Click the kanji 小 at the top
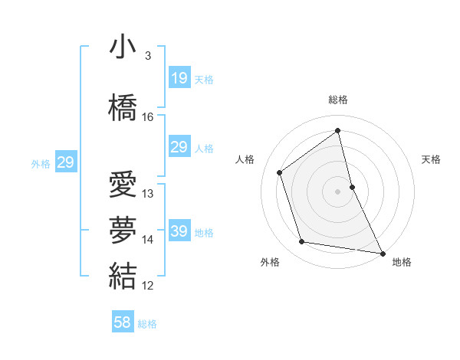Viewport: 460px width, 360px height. (123, 47)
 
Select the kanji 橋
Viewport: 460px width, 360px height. (123, 106)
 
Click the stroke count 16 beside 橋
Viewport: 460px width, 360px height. (148, 117)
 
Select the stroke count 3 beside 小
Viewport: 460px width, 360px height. (147, 56)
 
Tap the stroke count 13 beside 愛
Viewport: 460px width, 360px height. (148, 194)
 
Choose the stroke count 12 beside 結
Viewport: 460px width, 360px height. (148, 286)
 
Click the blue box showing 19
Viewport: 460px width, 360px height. (179, 77)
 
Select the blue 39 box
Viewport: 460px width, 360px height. (179, 231)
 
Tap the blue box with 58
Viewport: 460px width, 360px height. (123, 322)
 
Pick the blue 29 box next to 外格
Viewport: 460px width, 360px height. (66, 162)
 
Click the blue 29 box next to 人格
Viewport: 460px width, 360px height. (179, 147)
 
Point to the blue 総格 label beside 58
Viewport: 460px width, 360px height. (147, 324)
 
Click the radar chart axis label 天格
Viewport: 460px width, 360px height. (431, 159)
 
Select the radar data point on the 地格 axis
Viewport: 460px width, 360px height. (382, 253)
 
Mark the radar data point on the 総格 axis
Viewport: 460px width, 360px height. (337, 130)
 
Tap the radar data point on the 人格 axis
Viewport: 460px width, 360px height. (280, 172)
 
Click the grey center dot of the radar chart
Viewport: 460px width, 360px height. (337, 191)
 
